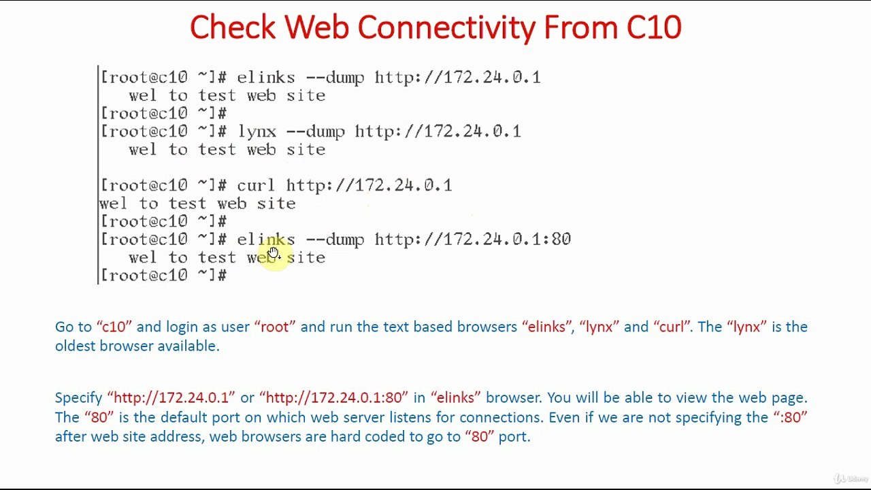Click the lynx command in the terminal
point(257,131)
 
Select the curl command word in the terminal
point(256,185)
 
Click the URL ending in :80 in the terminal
point(472,240)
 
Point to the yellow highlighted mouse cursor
point(273,253)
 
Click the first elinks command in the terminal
point(265,78)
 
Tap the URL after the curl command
point(369,185)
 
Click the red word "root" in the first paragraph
point(275,327)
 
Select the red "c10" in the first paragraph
point(114,327)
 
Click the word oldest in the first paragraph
point(76,346)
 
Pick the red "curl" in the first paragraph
point(671,327)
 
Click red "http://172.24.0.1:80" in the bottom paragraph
point(333,397)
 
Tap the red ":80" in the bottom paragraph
point(790,417)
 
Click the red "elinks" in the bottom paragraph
point(458,397)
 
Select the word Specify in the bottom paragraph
point(78,397)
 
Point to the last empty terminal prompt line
point(163,276)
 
